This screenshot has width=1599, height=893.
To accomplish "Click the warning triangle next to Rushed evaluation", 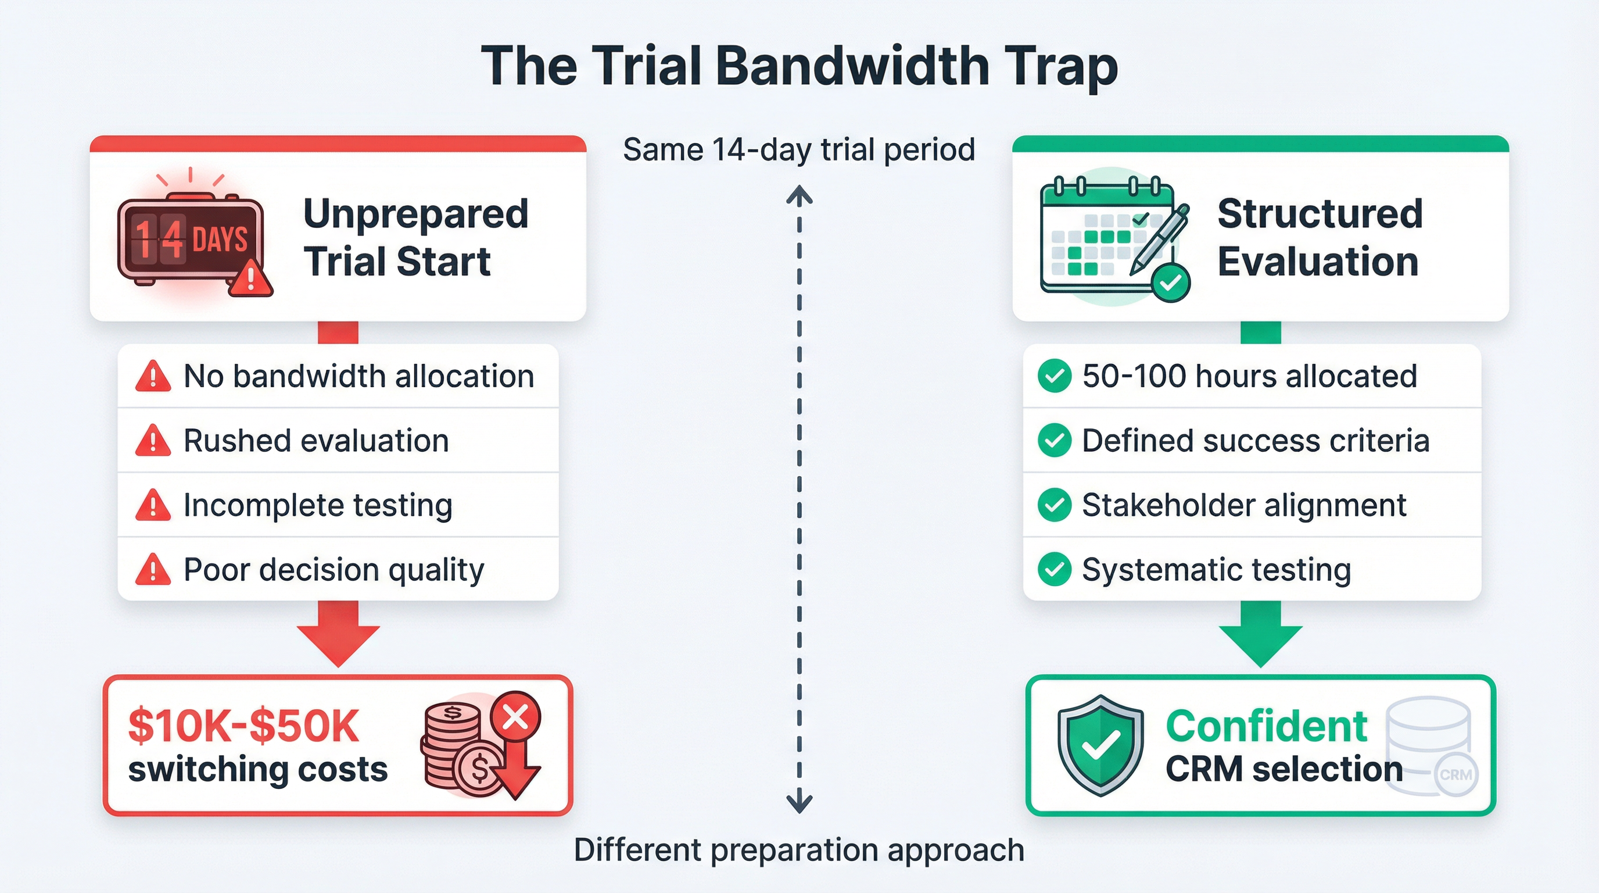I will coord(153,441).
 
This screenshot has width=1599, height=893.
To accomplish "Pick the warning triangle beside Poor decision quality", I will coord(153,570).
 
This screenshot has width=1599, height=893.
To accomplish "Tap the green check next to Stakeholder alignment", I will coord(1054,505).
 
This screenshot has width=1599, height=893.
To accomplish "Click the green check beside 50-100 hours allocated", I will coord(1054,376).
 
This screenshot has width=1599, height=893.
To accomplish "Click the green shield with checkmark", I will coord(1100,745).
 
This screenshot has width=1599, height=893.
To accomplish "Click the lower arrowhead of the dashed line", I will coord(799,802).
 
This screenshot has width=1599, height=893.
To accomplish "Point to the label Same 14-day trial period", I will coord(799,149).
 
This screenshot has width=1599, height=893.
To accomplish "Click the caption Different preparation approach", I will coord(799,849).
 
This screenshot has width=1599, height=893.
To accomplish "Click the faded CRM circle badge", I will coord(1455,775).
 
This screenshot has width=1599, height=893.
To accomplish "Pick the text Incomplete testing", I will coord(317,505).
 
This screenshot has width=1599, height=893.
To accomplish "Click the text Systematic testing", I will coord(1216,570).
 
